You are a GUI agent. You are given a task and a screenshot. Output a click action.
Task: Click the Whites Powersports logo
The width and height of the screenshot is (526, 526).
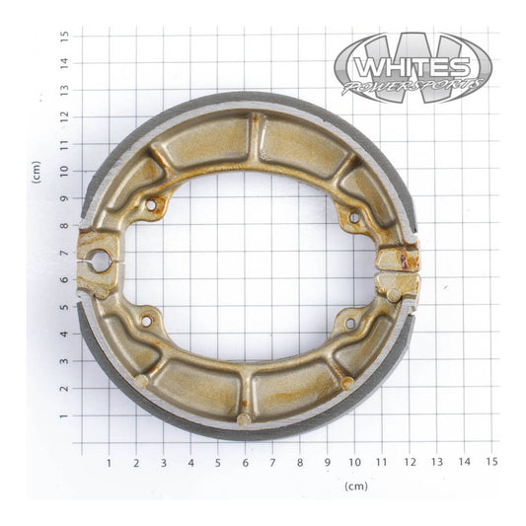pos(413,67)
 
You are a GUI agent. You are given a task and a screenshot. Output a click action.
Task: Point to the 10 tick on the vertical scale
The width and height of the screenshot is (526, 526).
pos(64,171)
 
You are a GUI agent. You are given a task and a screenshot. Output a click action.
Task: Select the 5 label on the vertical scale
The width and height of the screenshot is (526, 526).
pos(64,307)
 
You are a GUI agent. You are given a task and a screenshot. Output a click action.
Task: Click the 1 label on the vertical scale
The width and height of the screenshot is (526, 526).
pos(64,415)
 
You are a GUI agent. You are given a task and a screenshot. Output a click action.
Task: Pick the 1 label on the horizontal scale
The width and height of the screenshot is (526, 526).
pos(109,461)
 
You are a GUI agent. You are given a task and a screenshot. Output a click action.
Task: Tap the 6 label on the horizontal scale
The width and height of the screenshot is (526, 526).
pos(245,461)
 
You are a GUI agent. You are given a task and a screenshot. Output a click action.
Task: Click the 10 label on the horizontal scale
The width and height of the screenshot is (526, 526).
pos(353,461)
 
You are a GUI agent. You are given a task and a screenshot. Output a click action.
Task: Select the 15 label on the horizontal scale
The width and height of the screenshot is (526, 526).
pos(490,461)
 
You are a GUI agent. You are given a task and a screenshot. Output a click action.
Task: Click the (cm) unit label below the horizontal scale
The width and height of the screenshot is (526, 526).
pos(356,486)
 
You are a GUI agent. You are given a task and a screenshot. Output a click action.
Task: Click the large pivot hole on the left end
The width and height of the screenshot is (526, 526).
pos(99,261)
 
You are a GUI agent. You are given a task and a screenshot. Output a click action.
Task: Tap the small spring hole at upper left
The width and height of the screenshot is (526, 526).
pos(150,206)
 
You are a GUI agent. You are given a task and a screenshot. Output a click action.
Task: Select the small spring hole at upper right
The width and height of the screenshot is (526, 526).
pos(352,217)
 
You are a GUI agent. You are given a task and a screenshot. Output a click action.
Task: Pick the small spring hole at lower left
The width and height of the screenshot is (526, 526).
pos(146,321)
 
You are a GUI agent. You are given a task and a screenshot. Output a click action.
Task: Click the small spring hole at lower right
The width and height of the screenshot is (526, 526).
pos(349,323)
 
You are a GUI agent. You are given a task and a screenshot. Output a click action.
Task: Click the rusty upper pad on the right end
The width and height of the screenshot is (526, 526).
pos(398,260)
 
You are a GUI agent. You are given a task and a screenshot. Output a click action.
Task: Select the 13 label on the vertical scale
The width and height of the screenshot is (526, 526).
pos(64,90)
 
